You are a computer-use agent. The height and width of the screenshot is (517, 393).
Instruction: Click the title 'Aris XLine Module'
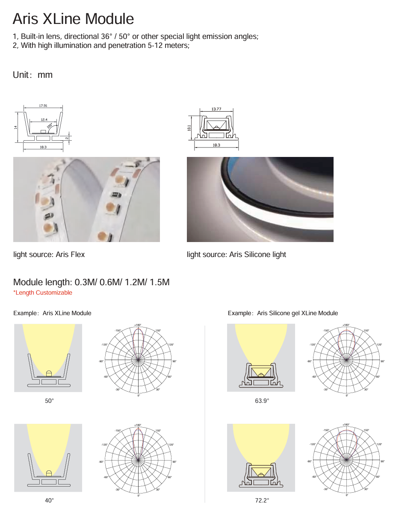point(73,19)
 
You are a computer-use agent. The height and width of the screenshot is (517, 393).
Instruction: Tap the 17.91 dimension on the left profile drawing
point(43,106)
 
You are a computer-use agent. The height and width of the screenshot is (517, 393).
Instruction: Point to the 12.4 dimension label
point(44,120)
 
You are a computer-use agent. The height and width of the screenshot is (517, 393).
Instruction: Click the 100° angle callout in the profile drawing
point(50,126)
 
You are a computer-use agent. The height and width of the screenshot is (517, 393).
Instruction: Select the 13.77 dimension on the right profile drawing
point(216,109)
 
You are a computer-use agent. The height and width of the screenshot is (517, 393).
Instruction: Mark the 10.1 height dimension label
point(189,128)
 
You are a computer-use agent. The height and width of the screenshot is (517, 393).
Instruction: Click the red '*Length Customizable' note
point(43,292)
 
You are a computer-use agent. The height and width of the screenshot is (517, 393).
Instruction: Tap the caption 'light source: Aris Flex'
point(49,254)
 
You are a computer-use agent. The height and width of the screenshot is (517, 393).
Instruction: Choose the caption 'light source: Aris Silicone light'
point(236,254)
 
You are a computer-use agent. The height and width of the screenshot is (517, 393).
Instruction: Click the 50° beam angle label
point(50,401)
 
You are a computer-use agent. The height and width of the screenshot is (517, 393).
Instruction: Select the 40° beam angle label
point(50,500)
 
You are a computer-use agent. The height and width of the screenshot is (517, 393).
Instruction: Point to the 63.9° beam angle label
point(262,401)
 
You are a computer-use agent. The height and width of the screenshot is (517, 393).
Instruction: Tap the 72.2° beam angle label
point(262,500)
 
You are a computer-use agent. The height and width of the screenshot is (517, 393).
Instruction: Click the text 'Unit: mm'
point(33,75)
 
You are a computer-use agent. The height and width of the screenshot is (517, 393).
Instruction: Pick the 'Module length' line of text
point(92,282)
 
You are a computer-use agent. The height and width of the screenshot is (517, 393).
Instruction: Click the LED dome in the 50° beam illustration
point(49,373)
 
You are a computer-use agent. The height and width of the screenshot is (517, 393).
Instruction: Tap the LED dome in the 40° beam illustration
point(49,473)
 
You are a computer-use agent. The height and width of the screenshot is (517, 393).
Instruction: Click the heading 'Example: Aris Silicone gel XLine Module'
point(283,313)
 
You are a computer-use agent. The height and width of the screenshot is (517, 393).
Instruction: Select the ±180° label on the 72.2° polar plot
point(346,425)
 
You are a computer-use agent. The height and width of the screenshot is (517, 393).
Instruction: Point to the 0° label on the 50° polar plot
point(139,396)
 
